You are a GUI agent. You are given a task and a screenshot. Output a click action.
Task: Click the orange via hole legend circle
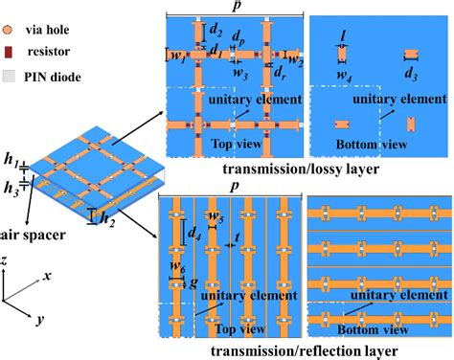tap(13, 17)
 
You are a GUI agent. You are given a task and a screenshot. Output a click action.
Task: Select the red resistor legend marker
tap(12, 43)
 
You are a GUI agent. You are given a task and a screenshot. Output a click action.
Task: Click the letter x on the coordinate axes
tap(45, 275)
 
